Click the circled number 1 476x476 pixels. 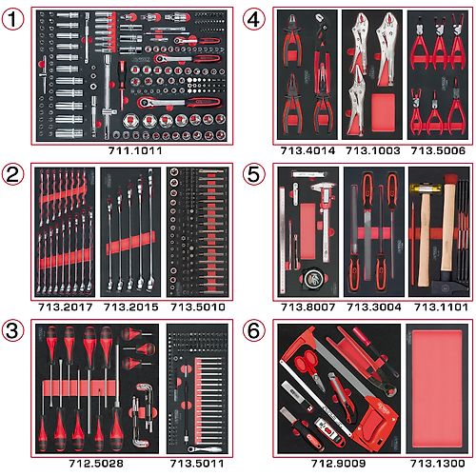pyautogui.click(x=12, y=19)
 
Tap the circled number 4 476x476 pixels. pyautogui.click(x=253, y=19)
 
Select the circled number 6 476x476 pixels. pyautogui.click(x=253, y=331)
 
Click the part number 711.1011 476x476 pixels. pyautogui.click(x=135, y=150)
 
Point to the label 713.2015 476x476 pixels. pyautogui.click(x=130, y=307)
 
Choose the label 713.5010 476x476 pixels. pyautogui.click(x=198, y=307)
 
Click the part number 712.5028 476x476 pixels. pyautogui.click(x=96, y=464)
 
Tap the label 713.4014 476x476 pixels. pyautogui.click(x=307, y=150)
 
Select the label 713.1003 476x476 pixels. pyautogui.click(x=372, y=150)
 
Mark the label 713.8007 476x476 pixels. pyautogui.click(x=307, y=307)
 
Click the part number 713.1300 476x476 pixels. pyautogui.click(x=438, y=464)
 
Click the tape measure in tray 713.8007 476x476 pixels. pyautogui.click(x=311, y=278)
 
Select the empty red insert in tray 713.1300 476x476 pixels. pyautogui.click(x=437, y=388)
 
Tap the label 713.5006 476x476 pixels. pyautogui.click(x=438, y=150)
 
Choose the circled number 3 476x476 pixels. pyautogui.click(x=12, y=331)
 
